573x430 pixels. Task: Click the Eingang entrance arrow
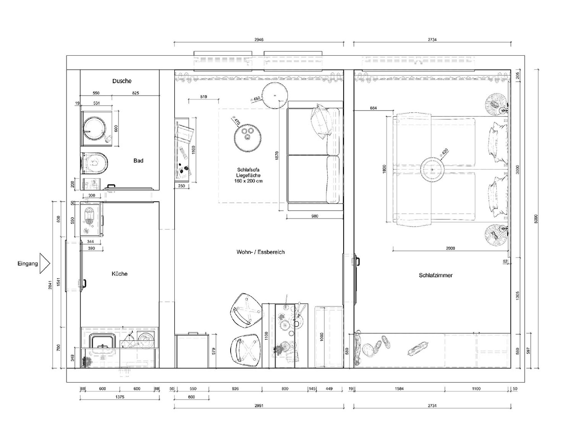pos(45,263)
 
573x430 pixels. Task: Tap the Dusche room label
pos(122,81)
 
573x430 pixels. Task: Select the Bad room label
pos(138,160)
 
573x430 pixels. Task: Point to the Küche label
pos(119,274)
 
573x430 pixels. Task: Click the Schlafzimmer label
pos(436,275)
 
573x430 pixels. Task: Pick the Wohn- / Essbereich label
pos(260,252)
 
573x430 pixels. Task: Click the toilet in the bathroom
pos(94,163)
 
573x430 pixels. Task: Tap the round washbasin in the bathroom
pos(95,128)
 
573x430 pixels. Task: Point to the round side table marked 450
pos(275,95)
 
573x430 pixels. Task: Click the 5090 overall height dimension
pos(536,219)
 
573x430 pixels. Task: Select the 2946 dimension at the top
pos(259,40)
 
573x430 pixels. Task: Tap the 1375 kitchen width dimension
pos(120,397)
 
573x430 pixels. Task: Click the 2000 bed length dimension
pos(450,248)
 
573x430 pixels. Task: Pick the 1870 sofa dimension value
pos(277,156)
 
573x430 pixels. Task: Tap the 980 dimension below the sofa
pos(315,216)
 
